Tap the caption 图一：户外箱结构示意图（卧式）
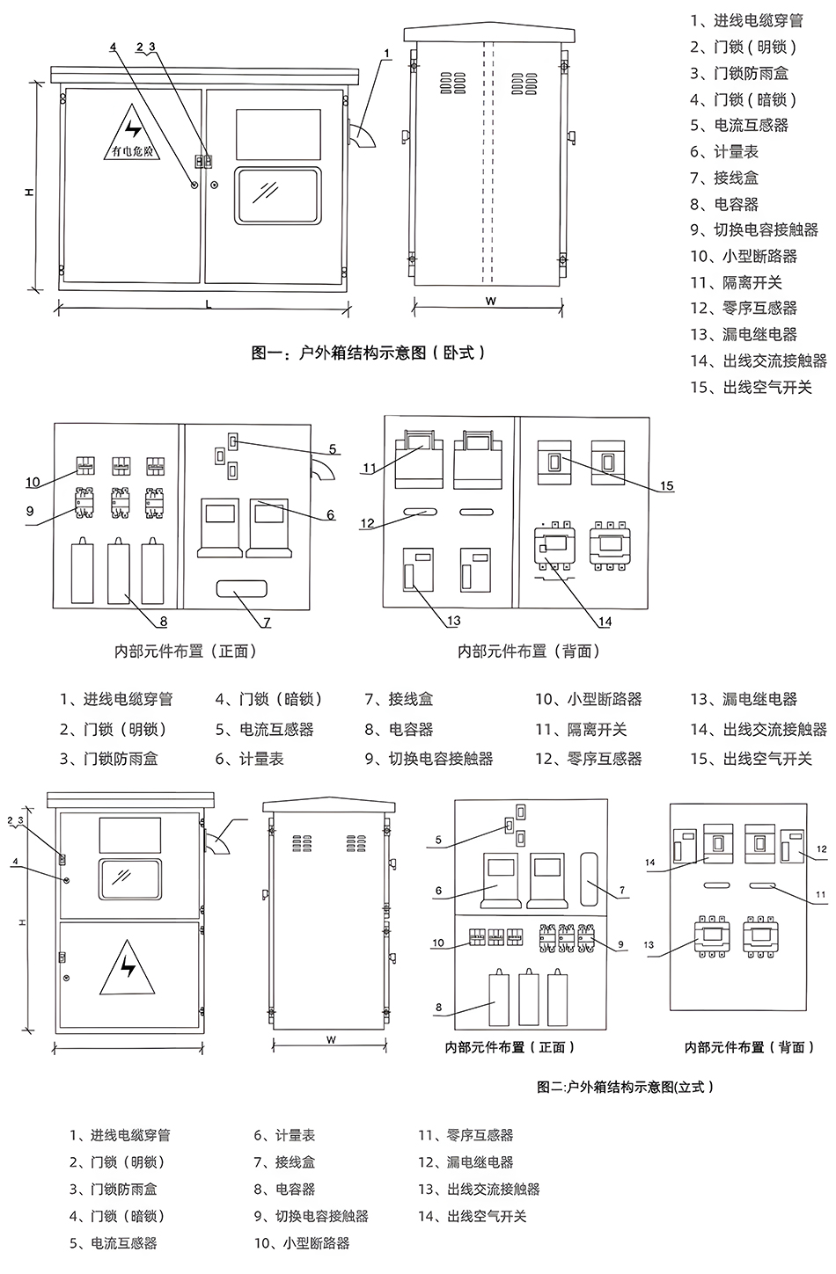369,353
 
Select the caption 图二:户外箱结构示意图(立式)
625,1087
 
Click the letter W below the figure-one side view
490,301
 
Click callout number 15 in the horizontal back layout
667,485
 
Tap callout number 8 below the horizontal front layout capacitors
164,622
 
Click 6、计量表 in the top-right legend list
724,151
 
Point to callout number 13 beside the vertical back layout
649,945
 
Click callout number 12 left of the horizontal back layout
368,523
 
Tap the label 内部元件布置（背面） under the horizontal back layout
529,652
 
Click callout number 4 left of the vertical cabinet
15,862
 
